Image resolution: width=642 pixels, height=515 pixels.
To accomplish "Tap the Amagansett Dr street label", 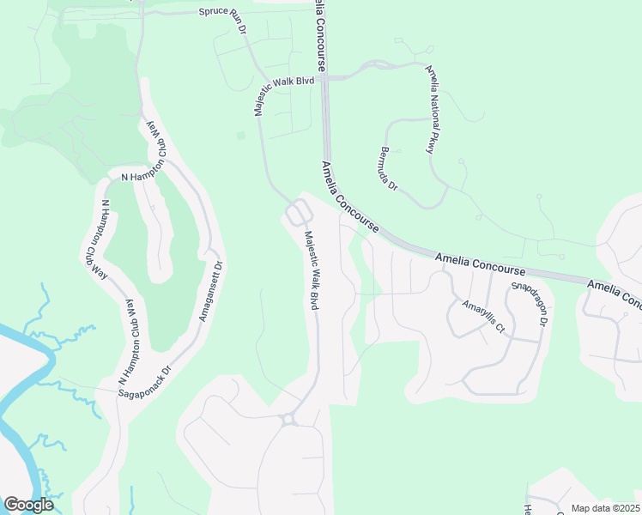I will [210, 291].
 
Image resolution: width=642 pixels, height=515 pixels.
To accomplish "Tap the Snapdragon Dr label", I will [529, 303].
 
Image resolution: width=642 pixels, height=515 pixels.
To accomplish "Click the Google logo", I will [28, 505].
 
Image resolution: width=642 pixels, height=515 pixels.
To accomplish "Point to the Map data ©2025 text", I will [606, 508].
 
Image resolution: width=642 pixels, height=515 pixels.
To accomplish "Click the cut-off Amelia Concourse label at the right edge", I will [615, 291].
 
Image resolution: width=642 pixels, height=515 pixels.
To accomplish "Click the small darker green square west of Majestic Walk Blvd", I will [241, 135].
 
